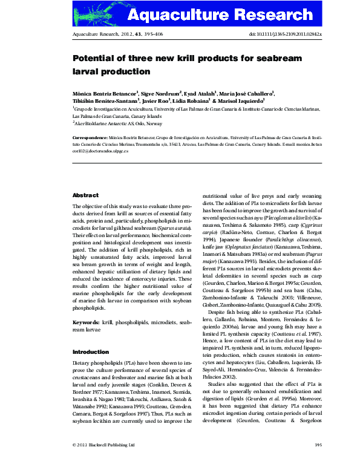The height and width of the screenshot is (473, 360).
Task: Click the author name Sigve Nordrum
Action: (x=162, y=93)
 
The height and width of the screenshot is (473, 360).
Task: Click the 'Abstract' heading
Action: (x=85, y=195)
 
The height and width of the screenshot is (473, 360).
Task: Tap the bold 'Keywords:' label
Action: (x=87, y=323)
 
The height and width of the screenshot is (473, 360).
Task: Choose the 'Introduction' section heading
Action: (x=91, y=351)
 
